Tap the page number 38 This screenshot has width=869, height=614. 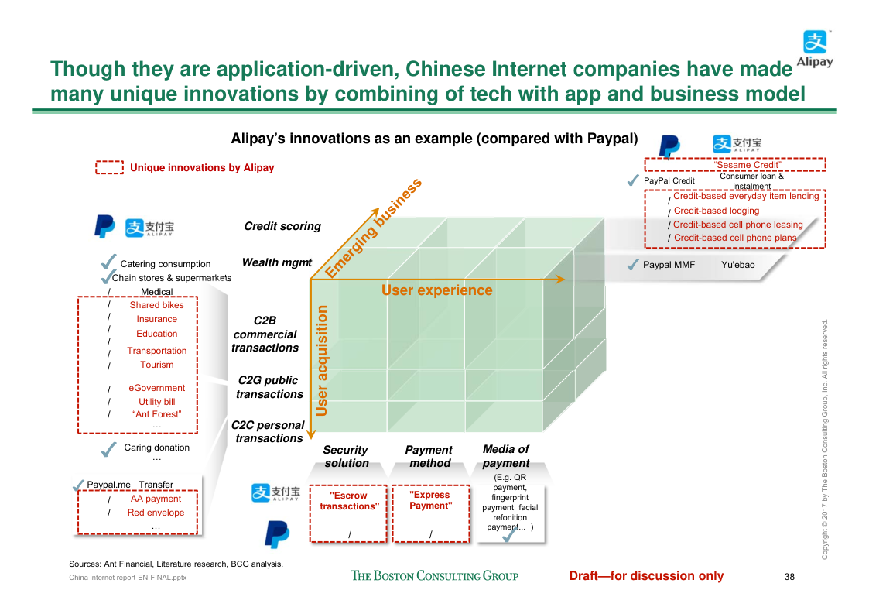789,576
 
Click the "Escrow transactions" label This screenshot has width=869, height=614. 348,501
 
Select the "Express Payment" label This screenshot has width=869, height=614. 431,500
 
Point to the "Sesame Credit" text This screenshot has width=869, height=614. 736,165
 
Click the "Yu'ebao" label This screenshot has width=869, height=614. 737,265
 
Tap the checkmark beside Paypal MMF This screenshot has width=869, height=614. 632,265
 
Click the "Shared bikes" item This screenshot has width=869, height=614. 156,305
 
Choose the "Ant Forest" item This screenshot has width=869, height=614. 156,414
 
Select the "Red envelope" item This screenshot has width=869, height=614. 156,513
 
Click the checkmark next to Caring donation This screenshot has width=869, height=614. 109,448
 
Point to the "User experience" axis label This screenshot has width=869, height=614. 436,290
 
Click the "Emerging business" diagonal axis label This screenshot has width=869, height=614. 373,228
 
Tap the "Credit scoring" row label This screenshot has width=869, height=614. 282,226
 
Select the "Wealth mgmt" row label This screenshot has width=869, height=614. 276,262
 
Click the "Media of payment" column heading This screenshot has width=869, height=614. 505,456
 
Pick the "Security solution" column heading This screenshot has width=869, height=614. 346,456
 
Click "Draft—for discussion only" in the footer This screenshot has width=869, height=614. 646,575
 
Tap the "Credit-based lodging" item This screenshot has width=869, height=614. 717,211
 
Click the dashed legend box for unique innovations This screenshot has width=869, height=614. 109,167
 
